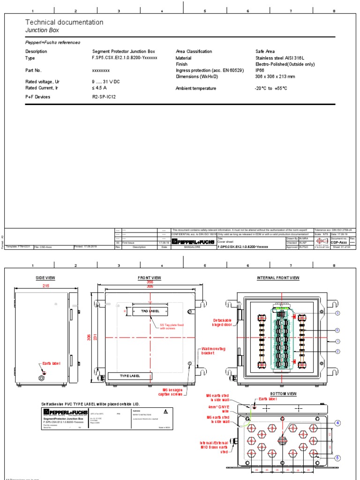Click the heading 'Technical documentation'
pos(64,22)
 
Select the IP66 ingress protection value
pos(260,70)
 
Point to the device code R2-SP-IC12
pos(104,97)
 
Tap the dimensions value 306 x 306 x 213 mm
pos(275,76)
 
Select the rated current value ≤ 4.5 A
pos(99,88)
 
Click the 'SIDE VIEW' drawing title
pos(45,278)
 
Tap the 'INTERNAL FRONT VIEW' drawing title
pos(278,278)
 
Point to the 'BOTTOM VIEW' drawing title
pos(282,393)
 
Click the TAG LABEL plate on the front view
pos(150,311)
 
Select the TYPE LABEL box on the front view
pos(130,376)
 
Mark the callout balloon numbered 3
pos(337,313)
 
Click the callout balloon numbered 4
pos(337,423)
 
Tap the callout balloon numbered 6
pos(337,330)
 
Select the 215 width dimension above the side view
pos(46,285)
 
